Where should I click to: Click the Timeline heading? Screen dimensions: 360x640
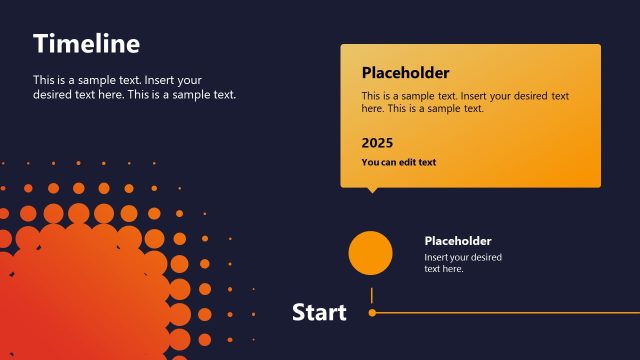tap(86, 44)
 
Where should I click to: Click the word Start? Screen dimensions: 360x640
tap(319, 313)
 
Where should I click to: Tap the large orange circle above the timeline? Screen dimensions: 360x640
tap(370, 253)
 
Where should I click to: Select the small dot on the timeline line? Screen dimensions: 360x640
tap(372, 313)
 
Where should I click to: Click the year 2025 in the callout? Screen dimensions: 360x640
tap(377, 143)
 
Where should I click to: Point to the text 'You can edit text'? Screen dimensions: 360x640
tap(399, 162)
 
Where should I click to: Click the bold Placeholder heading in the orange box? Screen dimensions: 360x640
tap(405, 73)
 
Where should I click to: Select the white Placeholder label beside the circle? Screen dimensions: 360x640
tap(458, 241)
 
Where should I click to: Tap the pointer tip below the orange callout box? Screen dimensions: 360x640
tap(373, 190)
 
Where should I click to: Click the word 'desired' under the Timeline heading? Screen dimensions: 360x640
tap(53, 95)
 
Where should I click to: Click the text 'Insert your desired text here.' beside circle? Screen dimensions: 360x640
tap(463, 263)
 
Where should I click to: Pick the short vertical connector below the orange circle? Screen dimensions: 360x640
tap(372, 295)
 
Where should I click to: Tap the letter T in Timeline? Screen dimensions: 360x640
tap(40, 44)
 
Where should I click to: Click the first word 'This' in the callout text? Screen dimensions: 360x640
tap(372, 96)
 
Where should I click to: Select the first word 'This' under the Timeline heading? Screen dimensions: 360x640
tap(44, 80)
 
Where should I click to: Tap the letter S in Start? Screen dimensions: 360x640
tap(299, 313)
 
